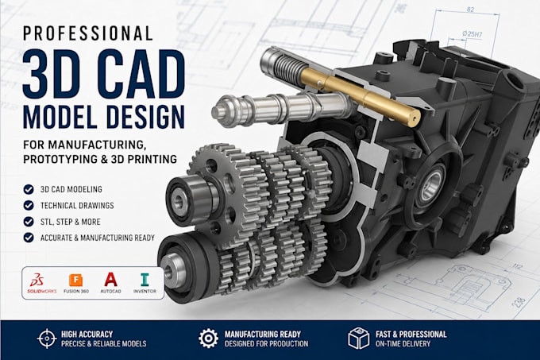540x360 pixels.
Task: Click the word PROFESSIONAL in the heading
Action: [x=87, y=33]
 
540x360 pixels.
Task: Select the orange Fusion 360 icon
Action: [x=75, y=280]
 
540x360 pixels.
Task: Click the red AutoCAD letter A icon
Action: [x=110, y=280]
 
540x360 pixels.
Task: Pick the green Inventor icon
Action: [x=145, y=280]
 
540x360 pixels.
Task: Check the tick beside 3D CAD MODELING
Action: [x=29, y=189]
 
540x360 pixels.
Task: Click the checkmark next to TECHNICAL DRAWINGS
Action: [x=29, y=205]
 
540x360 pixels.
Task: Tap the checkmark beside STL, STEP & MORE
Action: [x=29, y=222]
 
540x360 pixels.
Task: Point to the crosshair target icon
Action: [x=47, y=339]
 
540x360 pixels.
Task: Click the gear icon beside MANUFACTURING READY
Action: [x=208, y=339]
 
